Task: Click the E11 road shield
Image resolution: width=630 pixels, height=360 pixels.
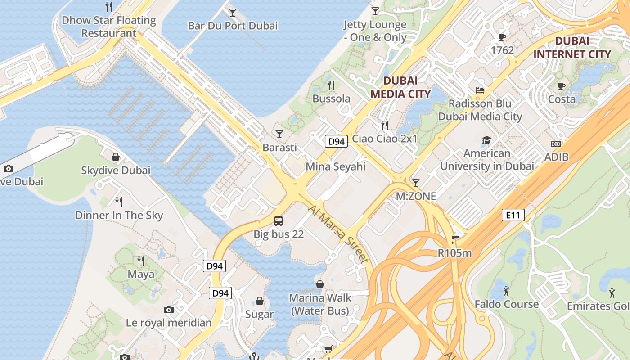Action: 513,215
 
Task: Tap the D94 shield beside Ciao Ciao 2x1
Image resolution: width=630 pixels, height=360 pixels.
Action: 336,141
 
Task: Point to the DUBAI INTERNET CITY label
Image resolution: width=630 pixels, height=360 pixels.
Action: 571,48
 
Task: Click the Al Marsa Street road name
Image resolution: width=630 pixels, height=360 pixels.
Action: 339,234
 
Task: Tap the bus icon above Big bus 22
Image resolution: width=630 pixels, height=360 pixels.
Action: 279,220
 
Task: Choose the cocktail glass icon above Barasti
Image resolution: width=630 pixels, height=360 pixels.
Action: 279,134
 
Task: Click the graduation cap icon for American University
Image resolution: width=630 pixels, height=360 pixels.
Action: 486,140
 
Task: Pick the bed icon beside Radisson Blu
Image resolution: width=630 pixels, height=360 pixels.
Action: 480,90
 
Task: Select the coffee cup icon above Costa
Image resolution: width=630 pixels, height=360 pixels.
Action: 561,86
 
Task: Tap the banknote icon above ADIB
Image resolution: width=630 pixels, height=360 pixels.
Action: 556,144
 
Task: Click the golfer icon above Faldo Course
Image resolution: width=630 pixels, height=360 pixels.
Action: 506,291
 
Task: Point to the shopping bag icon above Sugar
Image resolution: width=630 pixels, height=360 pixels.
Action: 260,301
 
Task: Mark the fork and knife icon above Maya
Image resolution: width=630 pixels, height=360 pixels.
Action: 141,261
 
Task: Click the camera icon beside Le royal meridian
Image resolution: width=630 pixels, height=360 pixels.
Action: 169,310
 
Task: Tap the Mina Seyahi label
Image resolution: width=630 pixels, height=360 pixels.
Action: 336,166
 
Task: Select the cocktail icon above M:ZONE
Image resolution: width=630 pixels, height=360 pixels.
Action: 416,183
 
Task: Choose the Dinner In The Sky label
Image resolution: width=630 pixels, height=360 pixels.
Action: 119,215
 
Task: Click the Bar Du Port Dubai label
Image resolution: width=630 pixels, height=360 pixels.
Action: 233,26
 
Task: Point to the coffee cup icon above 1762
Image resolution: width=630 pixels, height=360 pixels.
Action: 502,37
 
